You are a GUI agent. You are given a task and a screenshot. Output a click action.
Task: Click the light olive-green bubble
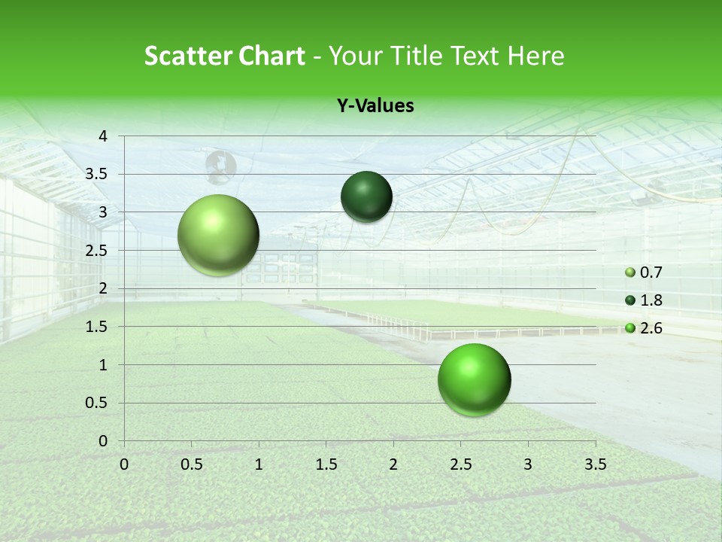tap(219, 236)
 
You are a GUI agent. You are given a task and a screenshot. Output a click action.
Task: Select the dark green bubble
tap(366, 196)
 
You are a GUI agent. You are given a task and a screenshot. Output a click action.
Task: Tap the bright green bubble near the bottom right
tap(474, 379)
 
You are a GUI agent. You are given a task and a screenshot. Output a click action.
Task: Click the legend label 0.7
tap(651, 273)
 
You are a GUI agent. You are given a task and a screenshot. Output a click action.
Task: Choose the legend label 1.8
tap(651, 300)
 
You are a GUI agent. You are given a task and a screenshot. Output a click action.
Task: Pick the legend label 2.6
tap(651, 328)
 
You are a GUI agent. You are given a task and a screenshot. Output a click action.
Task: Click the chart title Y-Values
tap(375, 106)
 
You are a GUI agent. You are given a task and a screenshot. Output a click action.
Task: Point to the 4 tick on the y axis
tap(104, 136)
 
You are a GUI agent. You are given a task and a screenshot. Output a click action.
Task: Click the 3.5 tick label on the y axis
tap(96, 175)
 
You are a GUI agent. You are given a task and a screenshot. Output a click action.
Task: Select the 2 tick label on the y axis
tap(104, 288)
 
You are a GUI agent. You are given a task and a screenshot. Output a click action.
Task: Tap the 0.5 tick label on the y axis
tap(96, 403)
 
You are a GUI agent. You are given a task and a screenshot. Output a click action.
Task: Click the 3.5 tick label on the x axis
tap(595, 463)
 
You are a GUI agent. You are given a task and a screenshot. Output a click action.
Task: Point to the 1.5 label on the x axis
tap(326, 463)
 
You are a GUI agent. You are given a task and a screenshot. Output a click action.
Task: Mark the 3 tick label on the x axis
tap(528, 463)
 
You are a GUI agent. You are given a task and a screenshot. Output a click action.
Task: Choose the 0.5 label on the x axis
tap(191, 463)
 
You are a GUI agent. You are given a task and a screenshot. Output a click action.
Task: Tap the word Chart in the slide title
tap(272, 56)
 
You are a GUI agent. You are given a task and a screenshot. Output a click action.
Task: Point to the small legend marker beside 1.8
tap(630, 300)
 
